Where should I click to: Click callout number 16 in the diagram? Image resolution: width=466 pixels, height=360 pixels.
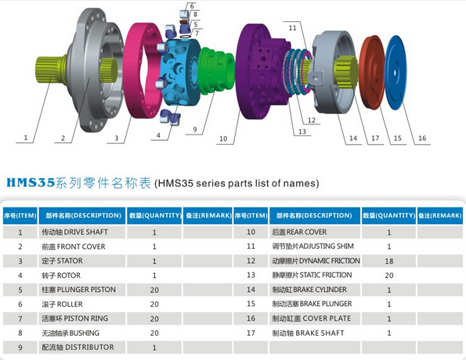point(422,139)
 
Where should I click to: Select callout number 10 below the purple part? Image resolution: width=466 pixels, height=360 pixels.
point(223,139)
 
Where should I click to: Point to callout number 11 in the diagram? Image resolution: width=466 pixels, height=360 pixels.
point(292,28)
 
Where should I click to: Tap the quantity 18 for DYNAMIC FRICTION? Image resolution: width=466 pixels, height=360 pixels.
point(388,261)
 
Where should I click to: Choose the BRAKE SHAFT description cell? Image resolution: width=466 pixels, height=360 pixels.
point(309,333)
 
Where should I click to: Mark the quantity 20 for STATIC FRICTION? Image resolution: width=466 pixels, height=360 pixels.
point(388,275)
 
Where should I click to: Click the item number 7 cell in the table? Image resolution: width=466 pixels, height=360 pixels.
point(20,319)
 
